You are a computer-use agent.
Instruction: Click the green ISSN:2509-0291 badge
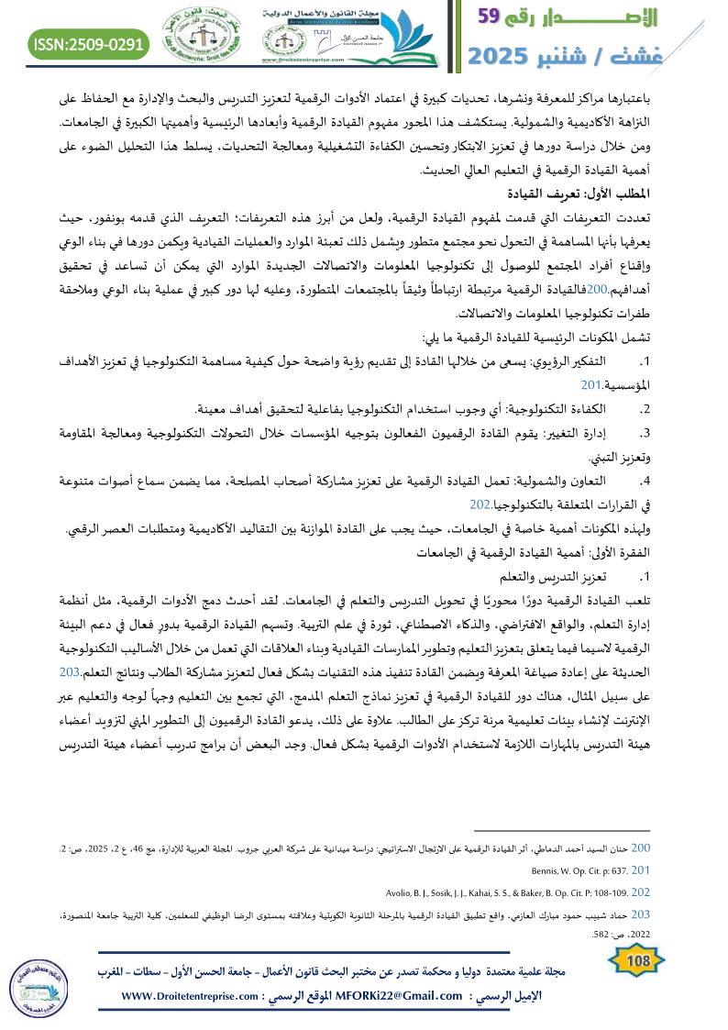coord(89,43)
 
